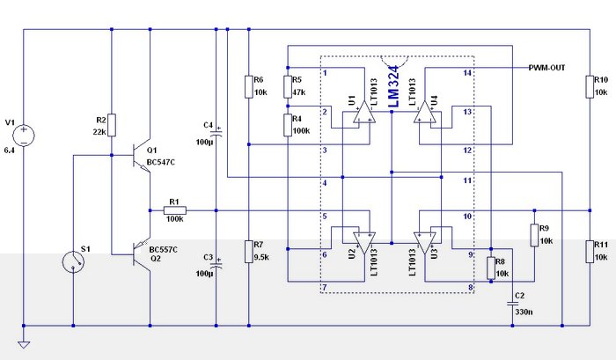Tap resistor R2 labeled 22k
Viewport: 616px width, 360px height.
(112, 125)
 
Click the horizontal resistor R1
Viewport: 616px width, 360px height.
(173, 210)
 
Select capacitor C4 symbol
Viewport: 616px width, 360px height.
(216, 132)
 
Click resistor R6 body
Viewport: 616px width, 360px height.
(249, 85)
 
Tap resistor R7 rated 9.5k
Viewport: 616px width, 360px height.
(249, 251)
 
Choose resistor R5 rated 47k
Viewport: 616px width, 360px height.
(288, 86)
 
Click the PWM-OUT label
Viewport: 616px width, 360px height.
(552, 68)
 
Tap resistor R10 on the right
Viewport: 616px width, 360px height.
(588, 85)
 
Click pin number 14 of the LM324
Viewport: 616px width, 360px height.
(467, 72)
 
